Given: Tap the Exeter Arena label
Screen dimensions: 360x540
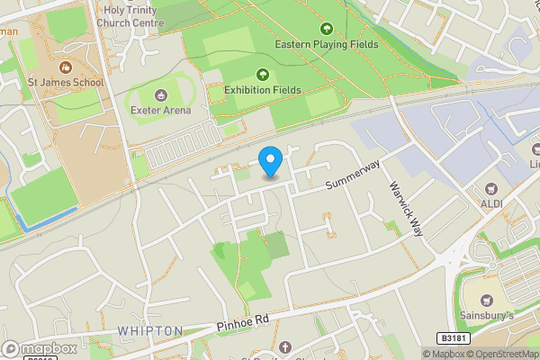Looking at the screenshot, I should pyautogui.click(x=161, y=109).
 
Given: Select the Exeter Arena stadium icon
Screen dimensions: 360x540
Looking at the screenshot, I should pyautogui.click(x=161, y=94).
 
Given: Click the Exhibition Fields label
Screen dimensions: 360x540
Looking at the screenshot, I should pyautogui.click(x=263, y=89).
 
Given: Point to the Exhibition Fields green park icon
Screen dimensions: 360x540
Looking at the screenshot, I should pyautogui.click(x=263, y=74).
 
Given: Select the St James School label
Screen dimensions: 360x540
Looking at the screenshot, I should pyautogui.click(x=65, y=82).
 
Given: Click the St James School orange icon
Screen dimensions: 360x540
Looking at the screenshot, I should pyautogui.click(x=65, y=67).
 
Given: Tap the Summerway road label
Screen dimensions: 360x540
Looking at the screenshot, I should pyautogui.click(x=353, y=175).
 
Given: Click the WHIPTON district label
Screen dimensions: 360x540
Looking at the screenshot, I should pyautogui.click(x=150, y=331).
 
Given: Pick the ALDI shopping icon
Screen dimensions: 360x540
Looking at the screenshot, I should pyautogui.click(x=491, y=190).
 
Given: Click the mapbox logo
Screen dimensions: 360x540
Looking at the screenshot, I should pyautogui.click(x=40, y=349).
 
